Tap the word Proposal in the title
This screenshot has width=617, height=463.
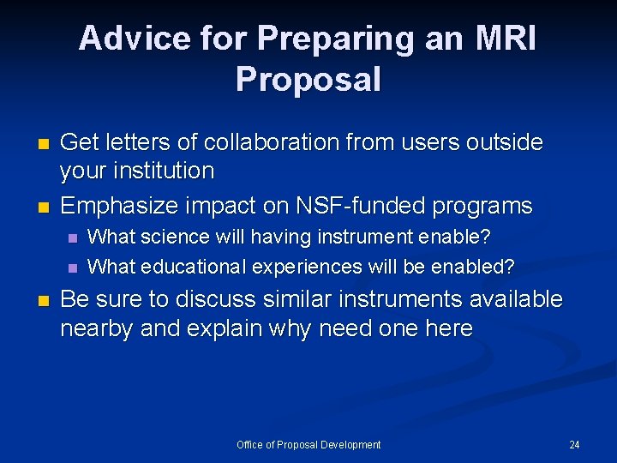click(x=308, y=80)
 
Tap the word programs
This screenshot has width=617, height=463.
click(x=485, y=207)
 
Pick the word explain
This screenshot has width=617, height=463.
click(x=231, y=328)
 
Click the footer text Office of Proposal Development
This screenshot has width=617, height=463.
click(x=308, y=444)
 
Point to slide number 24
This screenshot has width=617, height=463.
click(x=574, y=444)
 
